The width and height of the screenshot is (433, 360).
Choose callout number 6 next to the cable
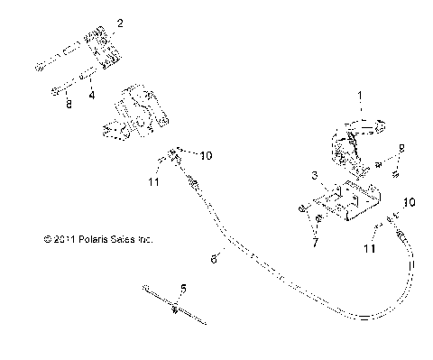[213, 258]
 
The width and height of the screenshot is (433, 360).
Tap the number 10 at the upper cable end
[206, 155]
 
